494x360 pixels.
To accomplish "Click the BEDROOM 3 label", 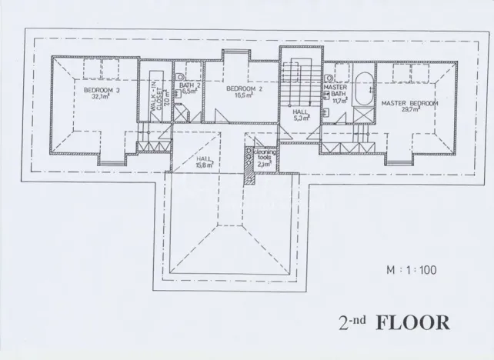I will (x=102, y=89).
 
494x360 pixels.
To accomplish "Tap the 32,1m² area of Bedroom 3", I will (x=102, y=97).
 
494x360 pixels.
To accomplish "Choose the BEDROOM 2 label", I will (x=239, y=89).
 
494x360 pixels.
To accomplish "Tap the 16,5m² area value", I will (x=239, y=97).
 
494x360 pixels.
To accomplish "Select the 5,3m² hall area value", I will (x=300, y=118).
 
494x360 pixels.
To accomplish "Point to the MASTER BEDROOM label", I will (x=409, y=102).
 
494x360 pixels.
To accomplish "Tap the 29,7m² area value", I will (x=409, y=109).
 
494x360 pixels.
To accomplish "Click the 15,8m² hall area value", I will (x=203, y=164).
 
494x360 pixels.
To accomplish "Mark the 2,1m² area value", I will (x=264, y=164).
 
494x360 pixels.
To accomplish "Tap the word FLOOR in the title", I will (x=412, y=322).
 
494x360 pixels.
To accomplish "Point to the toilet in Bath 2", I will (x=179, y=78).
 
